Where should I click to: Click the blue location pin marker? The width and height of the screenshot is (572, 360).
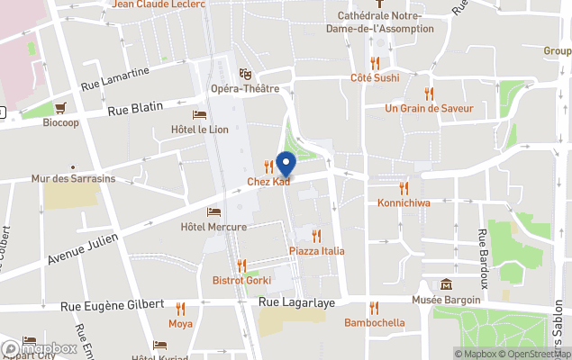tap(286, 165)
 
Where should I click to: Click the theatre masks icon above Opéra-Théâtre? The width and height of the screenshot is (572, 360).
tap(244, 74)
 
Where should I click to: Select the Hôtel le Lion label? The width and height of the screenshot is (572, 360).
tap(200, 129)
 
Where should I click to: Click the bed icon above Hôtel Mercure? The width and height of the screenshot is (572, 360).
tap(213, 211)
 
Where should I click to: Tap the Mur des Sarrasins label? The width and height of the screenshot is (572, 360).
tap(73, 179)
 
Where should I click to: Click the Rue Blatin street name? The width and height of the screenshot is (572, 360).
tap(135, 109)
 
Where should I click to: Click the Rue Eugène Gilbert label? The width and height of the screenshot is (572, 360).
tap(113, 306)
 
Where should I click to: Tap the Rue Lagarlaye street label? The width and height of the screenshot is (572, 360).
tap(296, 303)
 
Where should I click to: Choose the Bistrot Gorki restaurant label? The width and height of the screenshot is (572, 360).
tap(241, 281)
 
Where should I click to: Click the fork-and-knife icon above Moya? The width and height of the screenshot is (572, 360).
tap(180, 308)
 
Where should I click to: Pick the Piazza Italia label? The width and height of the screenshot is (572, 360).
tap(316, 250)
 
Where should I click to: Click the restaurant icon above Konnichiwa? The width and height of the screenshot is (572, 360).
tap(404, 187)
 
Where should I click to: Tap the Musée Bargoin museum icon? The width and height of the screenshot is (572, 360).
tap(447, 284)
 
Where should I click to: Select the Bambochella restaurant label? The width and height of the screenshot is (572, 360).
tap(374, 322)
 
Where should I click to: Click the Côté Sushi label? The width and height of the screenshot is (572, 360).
tap(375, 78)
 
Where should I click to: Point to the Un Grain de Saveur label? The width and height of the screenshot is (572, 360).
tap(429, 108)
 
